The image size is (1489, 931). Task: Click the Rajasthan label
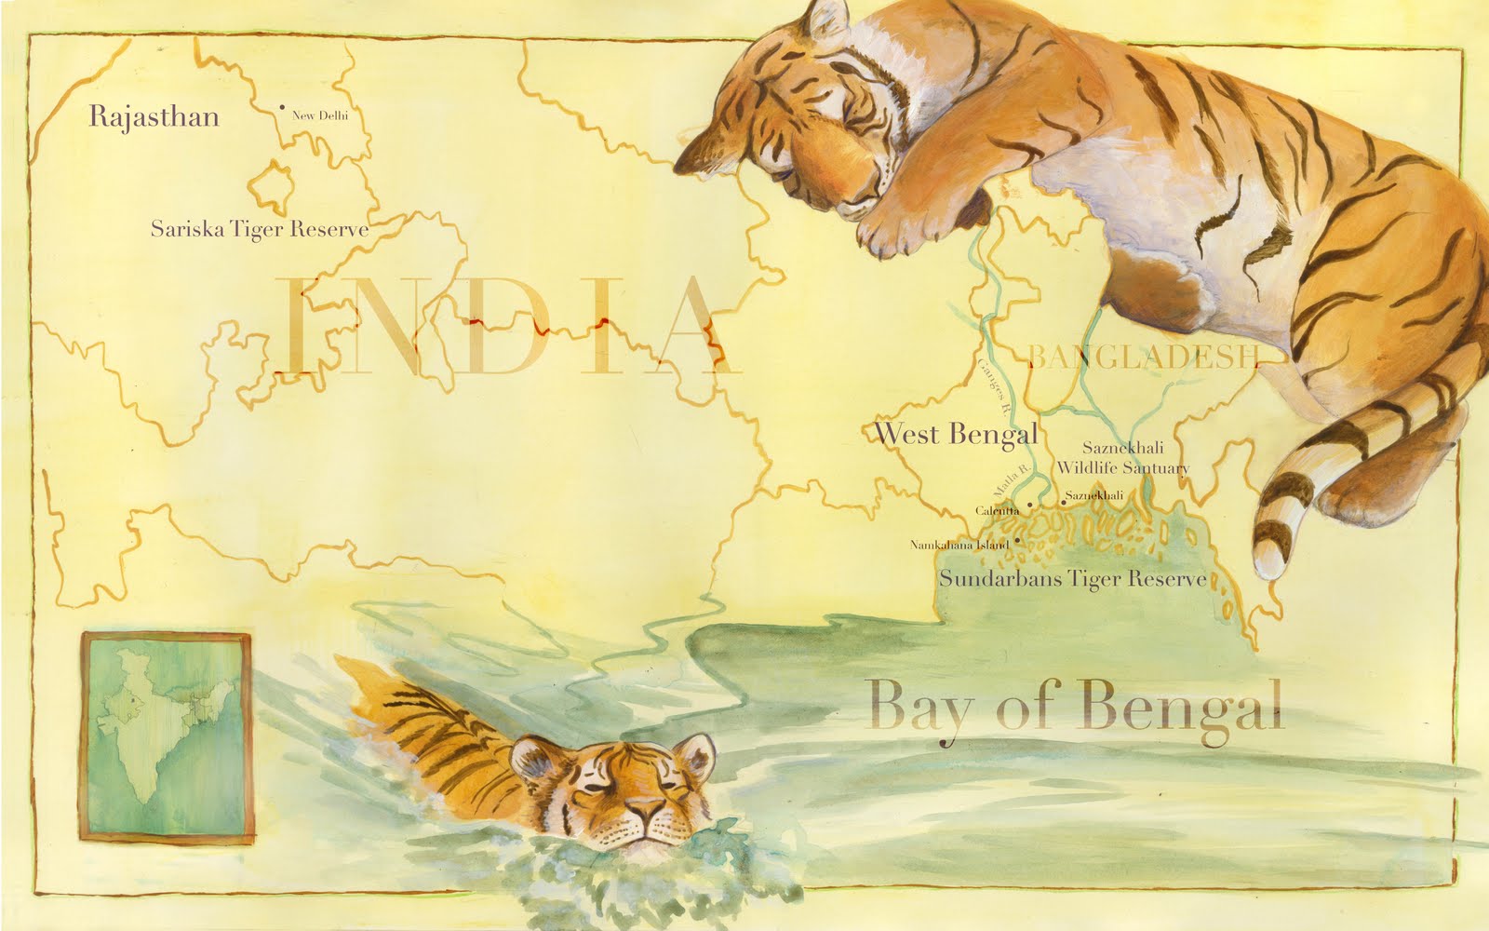[154, 117]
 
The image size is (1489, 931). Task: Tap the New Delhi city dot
[282, 108]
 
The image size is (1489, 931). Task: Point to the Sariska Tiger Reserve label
[260, 229]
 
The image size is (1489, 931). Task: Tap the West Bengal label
[956, 434]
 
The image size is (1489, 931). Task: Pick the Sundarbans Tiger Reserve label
[1072, 579]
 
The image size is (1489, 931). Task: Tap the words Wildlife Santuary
[1121, 467]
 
